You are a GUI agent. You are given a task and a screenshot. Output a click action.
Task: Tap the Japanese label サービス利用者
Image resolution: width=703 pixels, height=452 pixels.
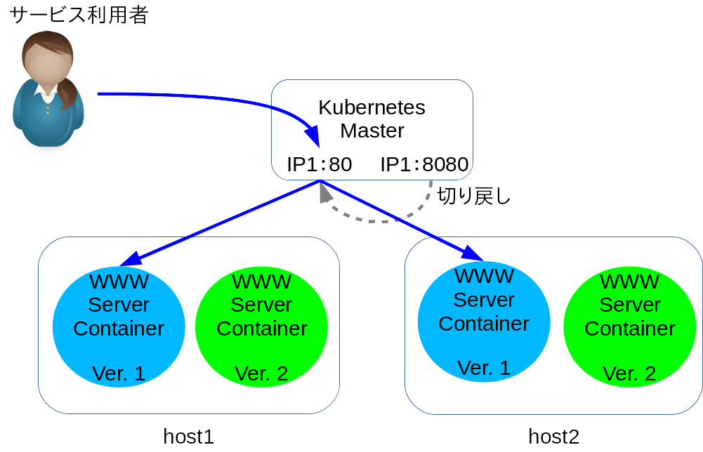79,15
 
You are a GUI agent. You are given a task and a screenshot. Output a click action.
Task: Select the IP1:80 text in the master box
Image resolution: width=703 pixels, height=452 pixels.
320,164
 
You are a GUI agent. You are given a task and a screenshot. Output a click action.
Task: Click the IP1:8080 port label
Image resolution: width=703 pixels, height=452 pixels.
424,164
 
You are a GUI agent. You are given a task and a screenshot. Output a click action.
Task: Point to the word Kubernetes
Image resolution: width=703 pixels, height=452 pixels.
372,107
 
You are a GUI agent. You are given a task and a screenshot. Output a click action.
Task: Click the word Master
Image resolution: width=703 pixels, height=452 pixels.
372,131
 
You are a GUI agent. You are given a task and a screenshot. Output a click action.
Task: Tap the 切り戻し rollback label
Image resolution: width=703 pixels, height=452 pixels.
474,196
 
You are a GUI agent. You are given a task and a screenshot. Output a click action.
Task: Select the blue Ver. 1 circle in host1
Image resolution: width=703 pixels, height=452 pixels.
119,327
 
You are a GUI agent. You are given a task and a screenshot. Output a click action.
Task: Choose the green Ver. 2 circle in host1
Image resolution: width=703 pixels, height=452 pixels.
261,327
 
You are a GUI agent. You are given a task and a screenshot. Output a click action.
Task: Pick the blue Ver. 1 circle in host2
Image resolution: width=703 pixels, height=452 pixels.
484,322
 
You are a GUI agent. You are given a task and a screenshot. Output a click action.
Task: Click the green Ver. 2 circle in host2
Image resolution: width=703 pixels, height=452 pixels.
629,327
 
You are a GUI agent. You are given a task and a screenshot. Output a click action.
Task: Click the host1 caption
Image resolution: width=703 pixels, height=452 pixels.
188,437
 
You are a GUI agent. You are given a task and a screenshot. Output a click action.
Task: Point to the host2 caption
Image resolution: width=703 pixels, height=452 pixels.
553,437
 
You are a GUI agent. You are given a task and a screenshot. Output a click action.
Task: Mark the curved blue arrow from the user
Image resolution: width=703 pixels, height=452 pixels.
211,98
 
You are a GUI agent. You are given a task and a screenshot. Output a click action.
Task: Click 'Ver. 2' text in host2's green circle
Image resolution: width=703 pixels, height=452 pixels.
629,373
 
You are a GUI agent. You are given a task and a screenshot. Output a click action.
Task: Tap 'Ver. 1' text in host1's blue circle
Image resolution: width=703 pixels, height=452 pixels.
119,373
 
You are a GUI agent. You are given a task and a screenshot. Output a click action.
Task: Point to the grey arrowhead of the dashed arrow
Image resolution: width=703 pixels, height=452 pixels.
324,193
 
